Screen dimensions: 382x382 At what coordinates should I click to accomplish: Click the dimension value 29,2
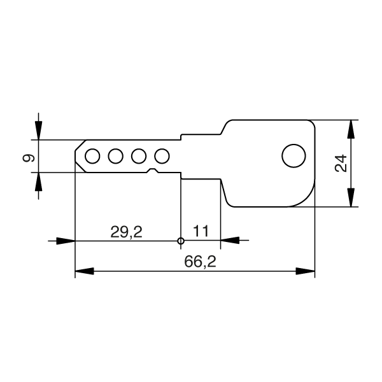click(126, 232)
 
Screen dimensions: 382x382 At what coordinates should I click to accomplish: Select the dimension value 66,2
click(200, 262)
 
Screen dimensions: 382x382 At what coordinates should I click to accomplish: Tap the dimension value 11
click(201, 231)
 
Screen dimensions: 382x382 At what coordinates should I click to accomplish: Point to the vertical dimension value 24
click(341, 163)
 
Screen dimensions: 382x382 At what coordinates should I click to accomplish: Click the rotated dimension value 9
click(29, 158)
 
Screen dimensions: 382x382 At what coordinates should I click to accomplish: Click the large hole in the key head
click(294, 156)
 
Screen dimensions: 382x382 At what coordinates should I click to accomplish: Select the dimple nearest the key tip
click(92, 156)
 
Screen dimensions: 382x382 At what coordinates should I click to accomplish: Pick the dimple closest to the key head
click(162, 156)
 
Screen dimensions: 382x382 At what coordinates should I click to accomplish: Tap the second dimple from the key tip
click(115, 156)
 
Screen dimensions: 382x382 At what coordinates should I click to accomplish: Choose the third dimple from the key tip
click(139, 156)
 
